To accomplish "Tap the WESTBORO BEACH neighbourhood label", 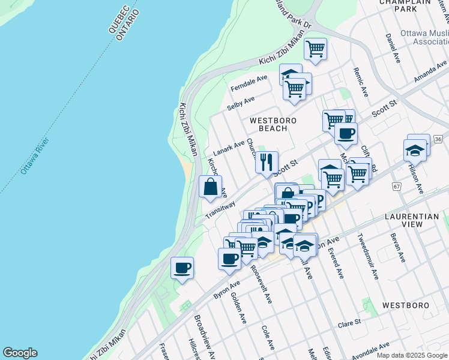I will pos(277,124).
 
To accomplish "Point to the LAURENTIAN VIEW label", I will pos(413,220).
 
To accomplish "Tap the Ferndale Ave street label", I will pos(249,83).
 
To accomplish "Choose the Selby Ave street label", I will pos(241,103).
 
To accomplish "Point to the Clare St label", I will pos(349,323).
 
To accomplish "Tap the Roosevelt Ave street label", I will pos(263,284).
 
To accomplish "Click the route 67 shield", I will pos(397,187).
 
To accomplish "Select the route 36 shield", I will pos(438,139).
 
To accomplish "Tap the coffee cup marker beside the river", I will pos(182,268).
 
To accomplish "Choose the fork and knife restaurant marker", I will pos(267,161).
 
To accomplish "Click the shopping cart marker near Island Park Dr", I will pos(315,48).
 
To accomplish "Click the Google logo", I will pos(20,353).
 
